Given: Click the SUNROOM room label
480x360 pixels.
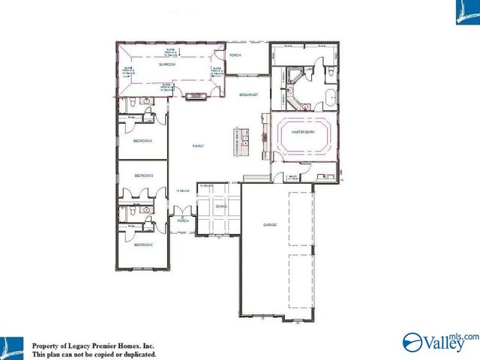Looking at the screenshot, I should (x=166, y=65).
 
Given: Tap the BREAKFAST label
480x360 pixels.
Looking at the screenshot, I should (x=248, y=95).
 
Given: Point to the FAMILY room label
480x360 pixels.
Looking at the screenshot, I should (x=199, y=145).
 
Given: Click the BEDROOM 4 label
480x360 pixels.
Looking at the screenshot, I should (x=143, y=140).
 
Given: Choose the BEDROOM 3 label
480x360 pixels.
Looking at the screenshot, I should (x=143, y=175).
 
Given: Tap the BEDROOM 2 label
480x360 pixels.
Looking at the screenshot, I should (x=143, y=244).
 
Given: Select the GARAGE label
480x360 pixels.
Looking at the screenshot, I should (x=270, y=224).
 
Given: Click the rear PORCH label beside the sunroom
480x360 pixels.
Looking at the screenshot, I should (x=235, y=55).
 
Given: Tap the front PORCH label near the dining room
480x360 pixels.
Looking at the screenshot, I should (x=181, y=221).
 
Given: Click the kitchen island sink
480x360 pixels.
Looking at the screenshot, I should (x=244, y=137).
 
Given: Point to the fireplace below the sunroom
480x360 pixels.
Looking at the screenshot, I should (x=199, y=96).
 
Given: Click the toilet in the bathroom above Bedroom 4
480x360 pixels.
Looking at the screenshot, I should (x=130, y=100).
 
